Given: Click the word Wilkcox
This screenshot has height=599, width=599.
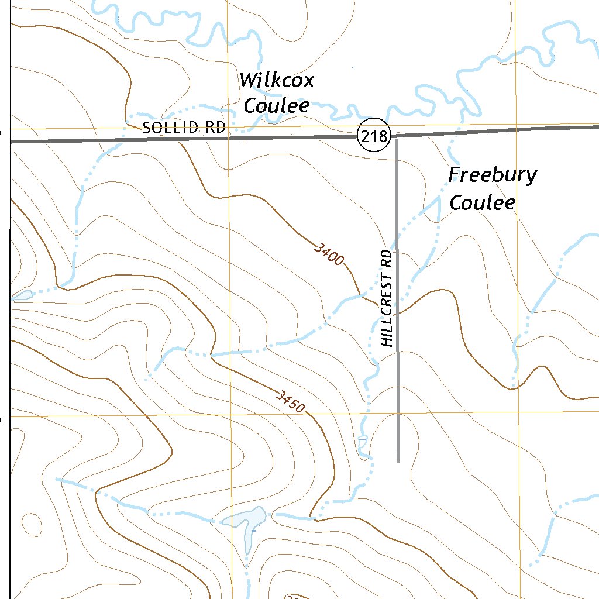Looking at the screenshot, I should [x=277, y=80].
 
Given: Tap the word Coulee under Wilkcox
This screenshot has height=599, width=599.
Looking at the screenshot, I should [x=276, y=106].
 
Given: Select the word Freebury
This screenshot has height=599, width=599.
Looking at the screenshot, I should [x=493, y=175].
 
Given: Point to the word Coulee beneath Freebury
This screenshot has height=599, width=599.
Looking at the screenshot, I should [x=482, y=202].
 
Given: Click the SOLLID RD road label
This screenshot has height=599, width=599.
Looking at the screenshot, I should [x=184, y=128].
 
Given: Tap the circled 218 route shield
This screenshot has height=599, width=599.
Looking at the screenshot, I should [x=374, y=137].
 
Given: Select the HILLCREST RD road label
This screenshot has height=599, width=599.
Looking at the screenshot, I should [x=387, y=298].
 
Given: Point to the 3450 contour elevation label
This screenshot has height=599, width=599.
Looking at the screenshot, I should [x=291, y=401].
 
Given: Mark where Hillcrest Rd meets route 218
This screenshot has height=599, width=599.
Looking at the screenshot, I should [x=397, y=138].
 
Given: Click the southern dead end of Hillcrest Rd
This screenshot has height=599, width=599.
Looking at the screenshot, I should [x=398, y=461].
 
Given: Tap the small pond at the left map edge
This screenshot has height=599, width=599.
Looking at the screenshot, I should [x=22, y=295].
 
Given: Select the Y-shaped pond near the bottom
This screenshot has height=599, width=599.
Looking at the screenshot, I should [x=246, y=522].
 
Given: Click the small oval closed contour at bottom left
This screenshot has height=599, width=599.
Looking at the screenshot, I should [x=32, y=524].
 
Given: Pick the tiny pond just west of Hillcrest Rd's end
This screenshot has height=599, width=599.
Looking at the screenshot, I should [x=363, y=439].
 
